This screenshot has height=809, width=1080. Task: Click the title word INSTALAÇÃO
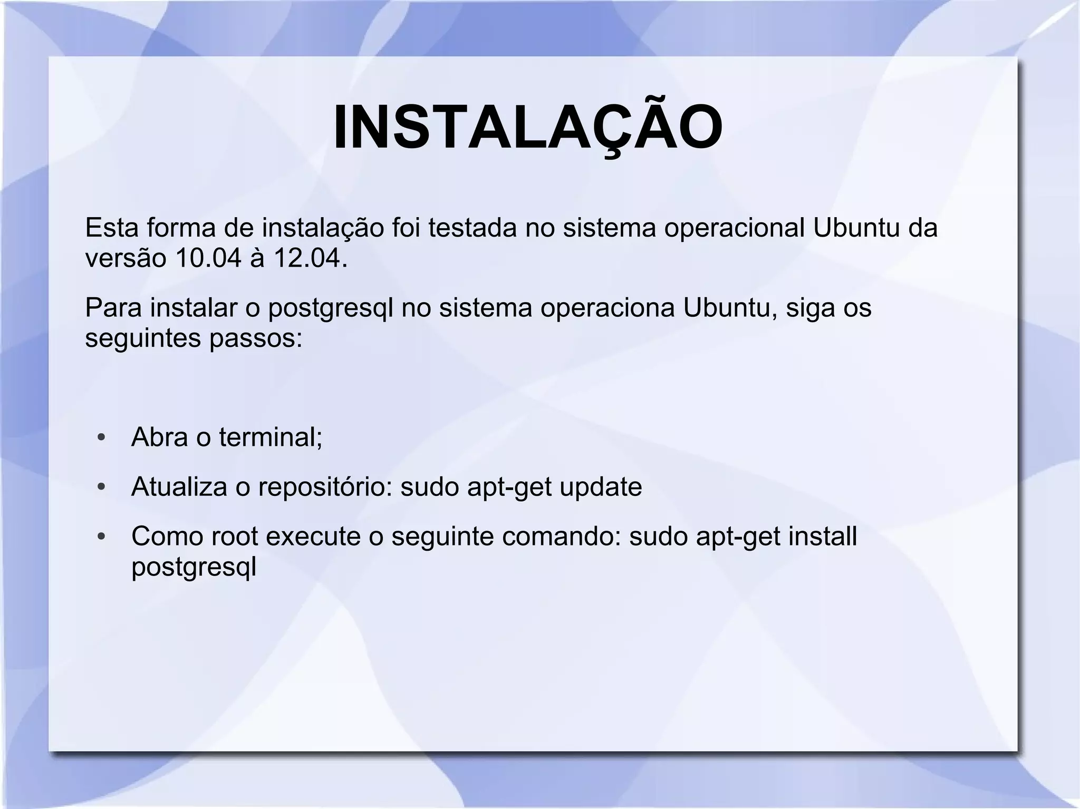[x=528, y=128]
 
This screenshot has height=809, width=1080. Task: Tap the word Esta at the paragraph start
[x=111, y=228]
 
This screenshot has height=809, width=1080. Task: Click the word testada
[x=472, y=228]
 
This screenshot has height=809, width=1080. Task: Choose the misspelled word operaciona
[x=607, y=308]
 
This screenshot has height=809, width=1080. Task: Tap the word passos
[x=256, y=338]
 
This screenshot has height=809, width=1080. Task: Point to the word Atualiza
[x=179, y=486]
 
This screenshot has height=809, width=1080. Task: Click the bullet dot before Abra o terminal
[x=102, y=438]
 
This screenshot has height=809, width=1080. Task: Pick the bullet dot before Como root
[x=102, y=537]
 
